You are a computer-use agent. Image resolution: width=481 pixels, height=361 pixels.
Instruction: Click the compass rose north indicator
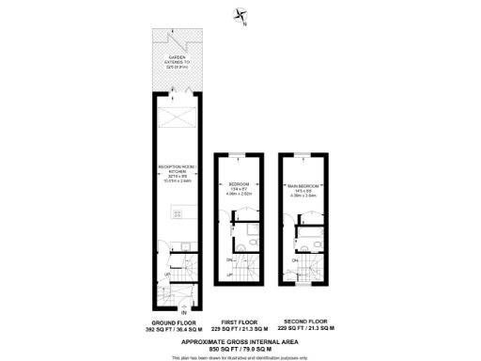click(240, 14)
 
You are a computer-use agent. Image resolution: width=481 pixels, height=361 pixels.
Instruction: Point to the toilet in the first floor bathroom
click(243, 249)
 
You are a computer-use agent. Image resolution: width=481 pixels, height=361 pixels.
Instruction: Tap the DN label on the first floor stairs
click(230, 259)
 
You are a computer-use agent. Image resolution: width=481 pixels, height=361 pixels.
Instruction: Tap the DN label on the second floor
click(295, 259)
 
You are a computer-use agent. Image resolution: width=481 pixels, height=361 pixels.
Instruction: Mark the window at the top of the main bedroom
click(307, 152)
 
